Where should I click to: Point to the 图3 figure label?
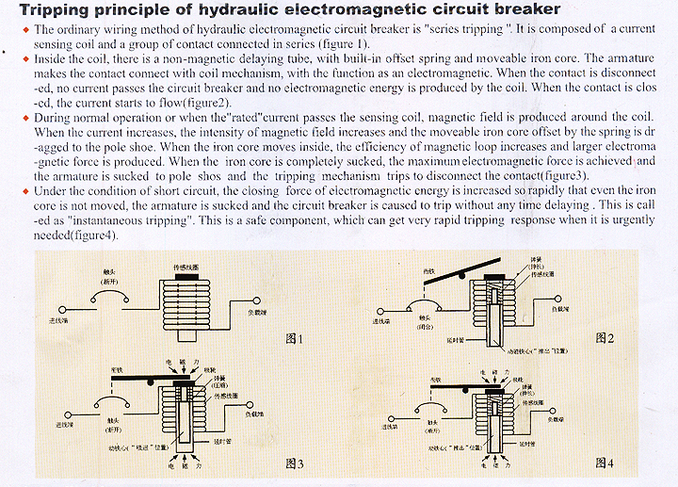click(294, 463)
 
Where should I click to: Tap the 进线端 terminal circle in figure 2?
click(376, 311)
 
